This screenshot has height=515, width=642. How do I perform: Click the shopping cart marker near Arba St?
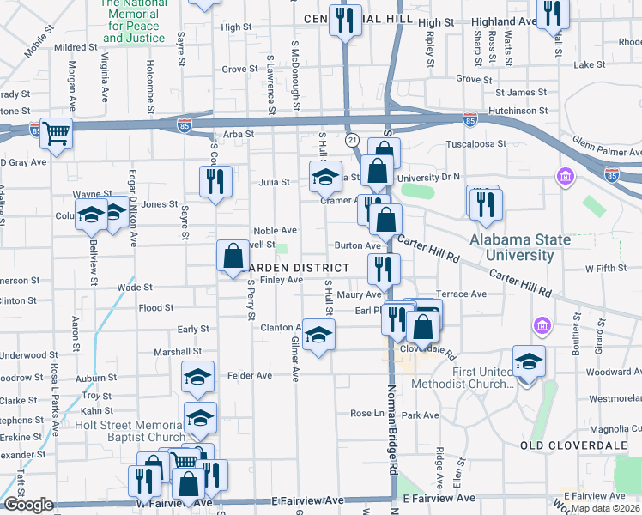(56, 133)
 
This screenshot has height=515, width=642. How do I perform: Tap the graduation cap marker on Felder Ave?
(198, 378)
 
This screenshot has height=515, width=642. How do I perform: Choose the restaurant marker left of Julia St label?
(214, 182)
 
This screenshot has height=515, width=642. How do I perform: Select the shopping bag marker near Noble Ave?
(233, 255)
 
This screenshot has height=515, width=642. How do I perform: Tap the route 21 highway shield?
(352, 139)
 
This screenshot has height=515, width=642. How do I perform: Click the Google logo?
(28, 505)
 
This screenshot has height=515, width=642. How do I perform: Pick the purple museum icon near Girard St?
(542, 326)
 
